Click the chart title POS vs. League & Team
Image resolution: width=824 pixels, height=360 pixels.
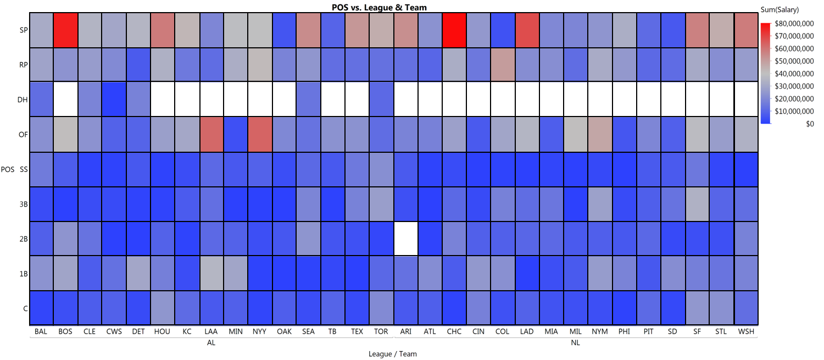click(x=379, y=8)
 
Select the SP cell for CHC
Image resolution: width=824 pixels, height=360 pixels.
click(x=454, y=30)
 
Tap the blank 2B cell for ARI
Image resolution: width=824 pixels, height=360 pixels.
click(x=406, y=239)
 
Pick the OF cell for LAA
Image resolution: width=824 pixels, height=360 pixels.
click(x=211, y=134)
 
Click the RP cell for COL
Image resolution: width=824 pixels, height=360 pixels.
click(x=503, y=65)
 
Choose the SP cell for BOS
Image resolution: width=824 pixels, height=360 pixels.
click(x=65, y=30)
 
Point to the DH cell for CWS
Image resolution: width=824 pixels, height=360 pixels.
click(x=114, y=99)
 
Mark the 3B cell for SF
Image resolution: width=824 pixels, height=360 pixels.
click(x=697, y=204)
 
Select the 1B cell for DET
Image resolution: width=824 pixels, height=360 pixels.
click(x=138, y=273)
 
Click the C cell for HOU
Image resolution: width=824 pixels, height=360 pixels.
click(x=163, y=308)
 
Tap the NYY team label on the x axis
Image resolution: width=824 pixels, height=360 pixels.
click(x=260, y=332)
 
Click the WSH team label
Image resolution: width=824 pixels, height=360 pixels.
click(x=746, y=332)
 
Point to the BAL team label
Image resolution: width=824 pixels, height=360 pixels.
click(x=41, y=332)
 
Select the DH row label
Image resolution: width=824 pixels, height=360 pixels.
click(x=23, y=99)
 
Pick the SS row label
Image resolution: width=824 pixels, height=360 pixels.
click(x=23, y=169)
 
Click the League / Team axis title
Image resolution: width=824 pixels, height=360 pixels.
click(x=393, y=355)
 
